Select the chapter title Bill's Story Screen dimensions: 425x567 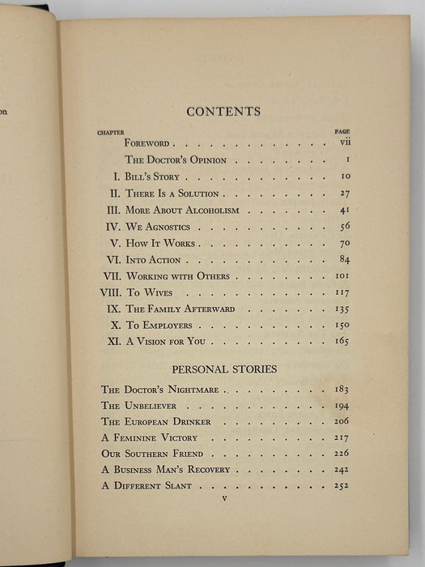[x=152, y=177]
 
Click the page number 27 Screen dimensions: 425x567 [x=342, y=194]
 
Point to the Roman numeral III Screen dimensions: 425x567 [x=113, y=211]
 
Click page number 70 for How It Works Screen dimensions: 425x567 [x=342, y=243]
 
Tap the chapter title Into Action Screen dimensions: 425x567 [x=153, y=260]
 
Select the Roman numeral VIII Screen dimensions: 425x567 [x=109, y=292]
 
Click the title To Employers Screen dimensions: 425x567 [x=159, y=325]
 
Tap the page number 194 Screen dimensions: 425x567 [x=341, y=406]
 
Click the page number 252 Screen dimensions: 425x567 [x=341, y=486]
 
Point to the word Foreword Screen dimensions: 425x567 [x=147, y=143]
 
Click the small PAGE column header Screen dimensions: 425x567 [x=342, y=130]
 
